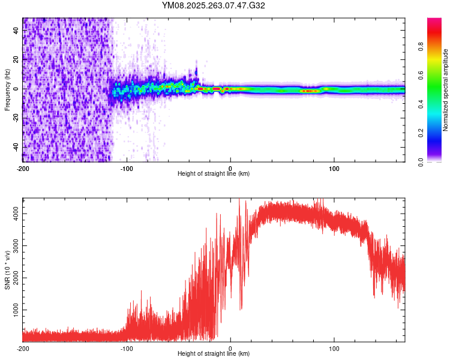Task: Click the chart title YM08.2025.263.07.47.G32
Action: coord(214,5)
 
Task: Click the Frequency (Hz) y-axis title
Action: coord(7,90)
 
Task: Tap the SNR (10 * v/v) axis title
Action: coord(7,269)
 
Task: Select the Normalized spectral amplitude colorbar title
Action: coord(446,90)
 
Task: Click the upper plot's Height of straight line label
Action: coord(214,173)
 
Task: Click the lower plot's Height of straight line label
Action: coord(214,353)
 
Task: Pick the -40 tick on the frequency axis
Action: coord(16,146)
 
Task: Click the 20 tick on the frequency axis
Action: coord(16,59)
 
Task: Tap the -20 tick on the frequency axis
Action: coord(16,118)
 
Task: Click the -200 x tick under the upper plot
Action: coord(23,168)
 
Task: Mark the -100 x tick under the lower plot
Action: coord(127,348)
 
